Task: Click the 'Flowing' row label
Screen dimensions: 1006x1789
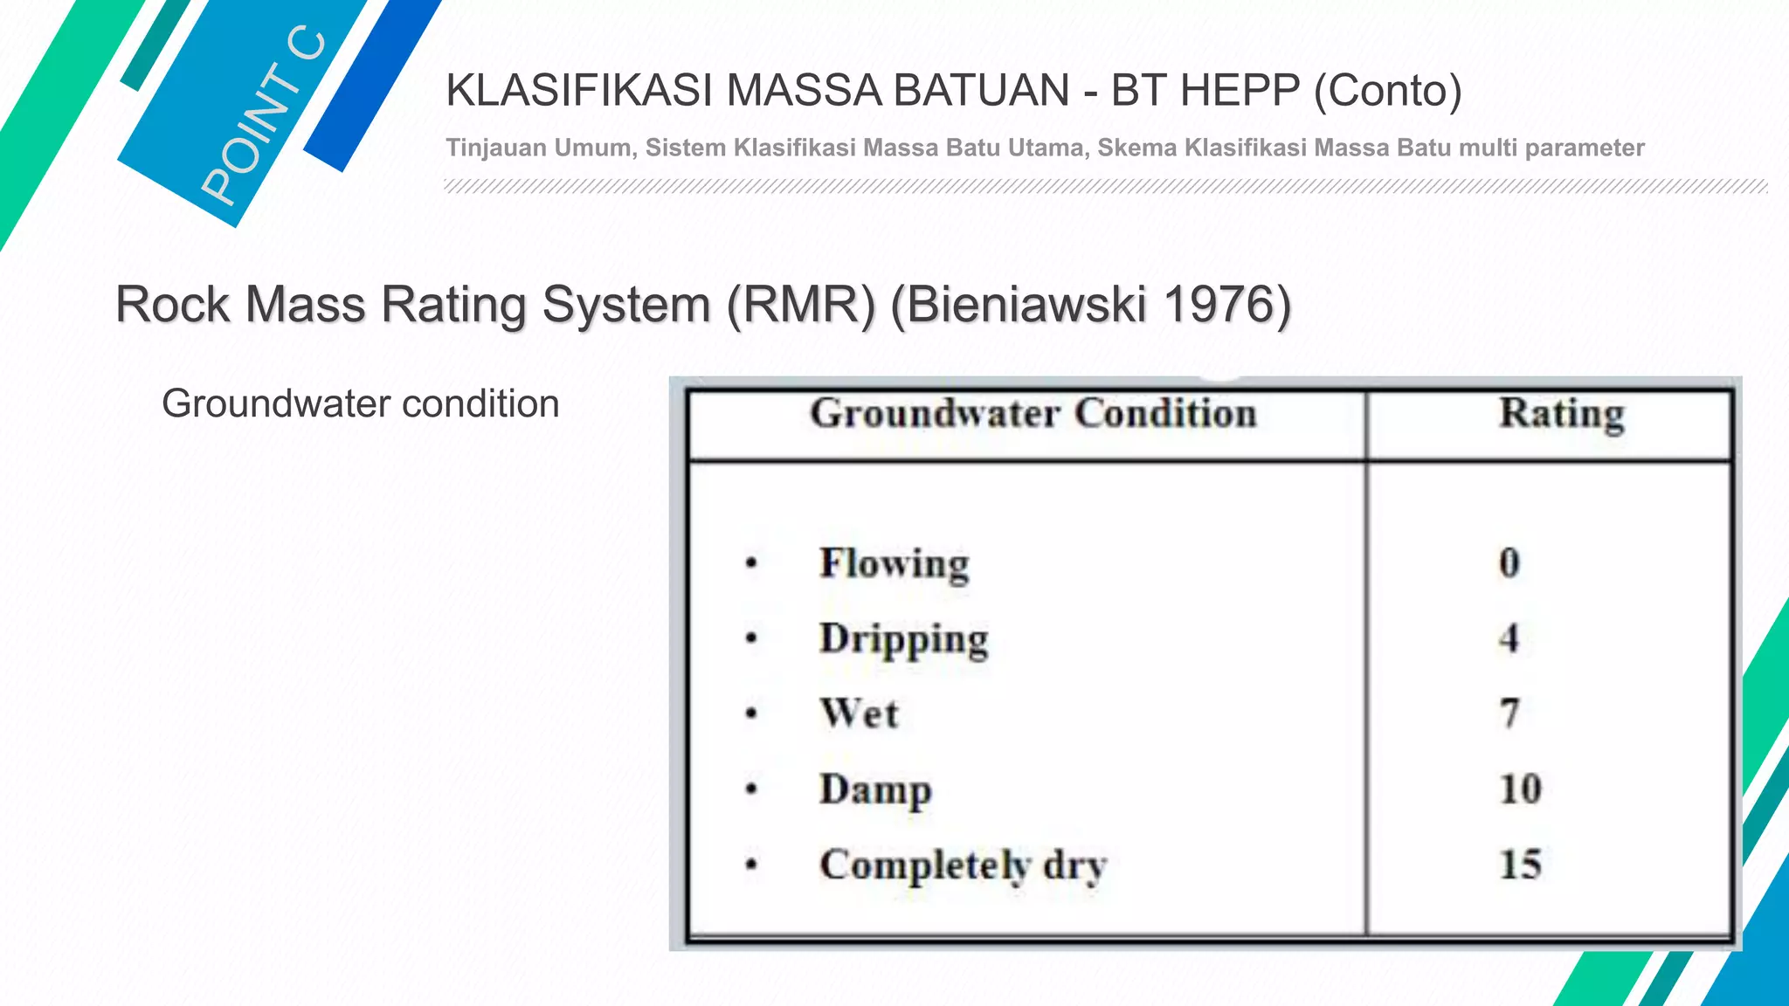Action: (894, 564)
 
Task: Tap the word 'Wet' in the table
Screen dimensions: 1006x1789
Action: (859, 714)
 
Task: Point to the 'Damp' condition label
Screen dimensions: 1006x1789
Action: (875, 790)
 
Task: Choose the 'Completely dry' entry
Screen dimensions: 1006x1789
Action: (963, 865)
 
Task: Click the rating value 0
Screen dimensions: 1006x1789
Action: (1509, 563)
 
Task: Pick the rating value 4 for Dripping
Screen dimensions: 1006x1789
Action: (1509, 638)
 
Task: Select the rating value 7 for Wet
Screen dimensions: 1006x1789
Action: (1509, 713)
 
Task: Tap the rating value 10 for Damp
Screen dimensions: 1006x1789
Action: (1520, 789)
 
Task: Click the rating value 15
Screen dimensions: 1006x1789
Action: (1520, 865)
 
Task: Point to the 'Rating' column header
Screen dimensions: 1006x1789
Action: (1562, 414)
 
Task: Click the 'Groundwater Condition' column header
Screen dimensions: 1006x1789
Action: (1033, 414)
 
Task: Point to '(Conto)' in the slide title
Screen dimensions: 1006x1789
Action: (1388, 90)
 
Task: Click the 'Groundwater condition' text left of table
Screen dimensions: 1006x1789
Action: (360, 403)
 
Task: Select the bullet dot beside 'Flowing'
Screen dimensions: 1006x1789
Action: (751, 563)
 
